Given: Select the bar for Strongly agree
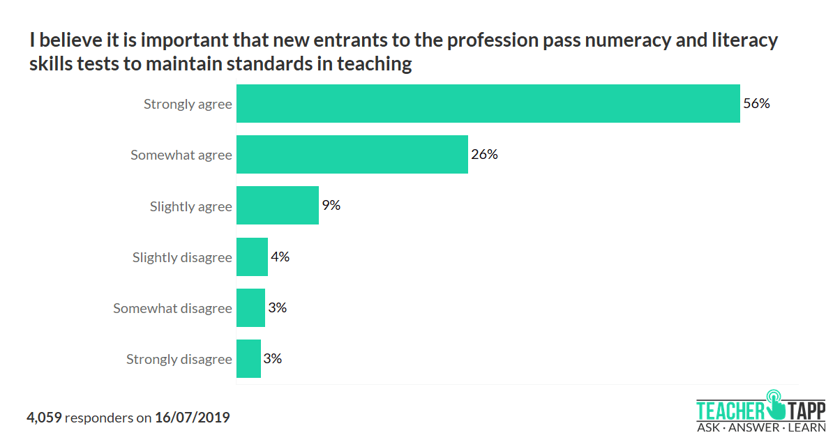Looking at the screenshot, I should click(x=488, y=104).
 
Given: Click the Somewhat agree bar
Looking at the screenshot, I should click(x=352, y=154).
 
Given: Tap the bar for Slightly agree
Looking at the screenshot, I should click(x=277, y=206).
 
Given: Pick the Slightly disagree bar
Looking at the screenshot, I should click(x=252, y=257).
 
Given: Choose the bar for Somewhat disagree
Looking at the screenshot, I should click(x=250, y=307).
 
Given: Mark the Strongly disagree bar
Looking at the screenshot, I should click(x=248, y=359).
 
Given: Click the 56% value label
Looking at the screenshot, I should click(x=756, y=104).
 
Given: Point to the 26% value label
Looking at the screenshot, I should click(x=484, y=154).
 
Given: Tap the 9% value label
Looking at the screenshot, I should click(x=331, y=206).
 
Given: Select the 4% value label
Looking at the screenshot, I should click(x=280, y=257).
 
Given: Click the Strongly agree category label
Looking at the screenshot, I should click(x=188, y=105).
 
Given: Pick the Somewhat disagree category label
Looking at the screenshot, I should click(x=172, y=308).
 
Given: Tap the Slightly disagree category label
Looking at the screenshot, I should click(x=182, y=257).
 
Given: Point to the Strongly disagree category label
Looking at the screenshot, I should click(x=179, y=360).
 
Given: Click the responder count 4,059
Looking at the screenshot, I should click(x=45, y=418).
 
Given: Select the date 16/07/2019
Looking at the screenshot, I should click(x=192, y=418).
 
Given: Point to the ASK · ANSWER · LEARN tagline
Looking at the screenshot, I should click(x=760, y=427).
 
